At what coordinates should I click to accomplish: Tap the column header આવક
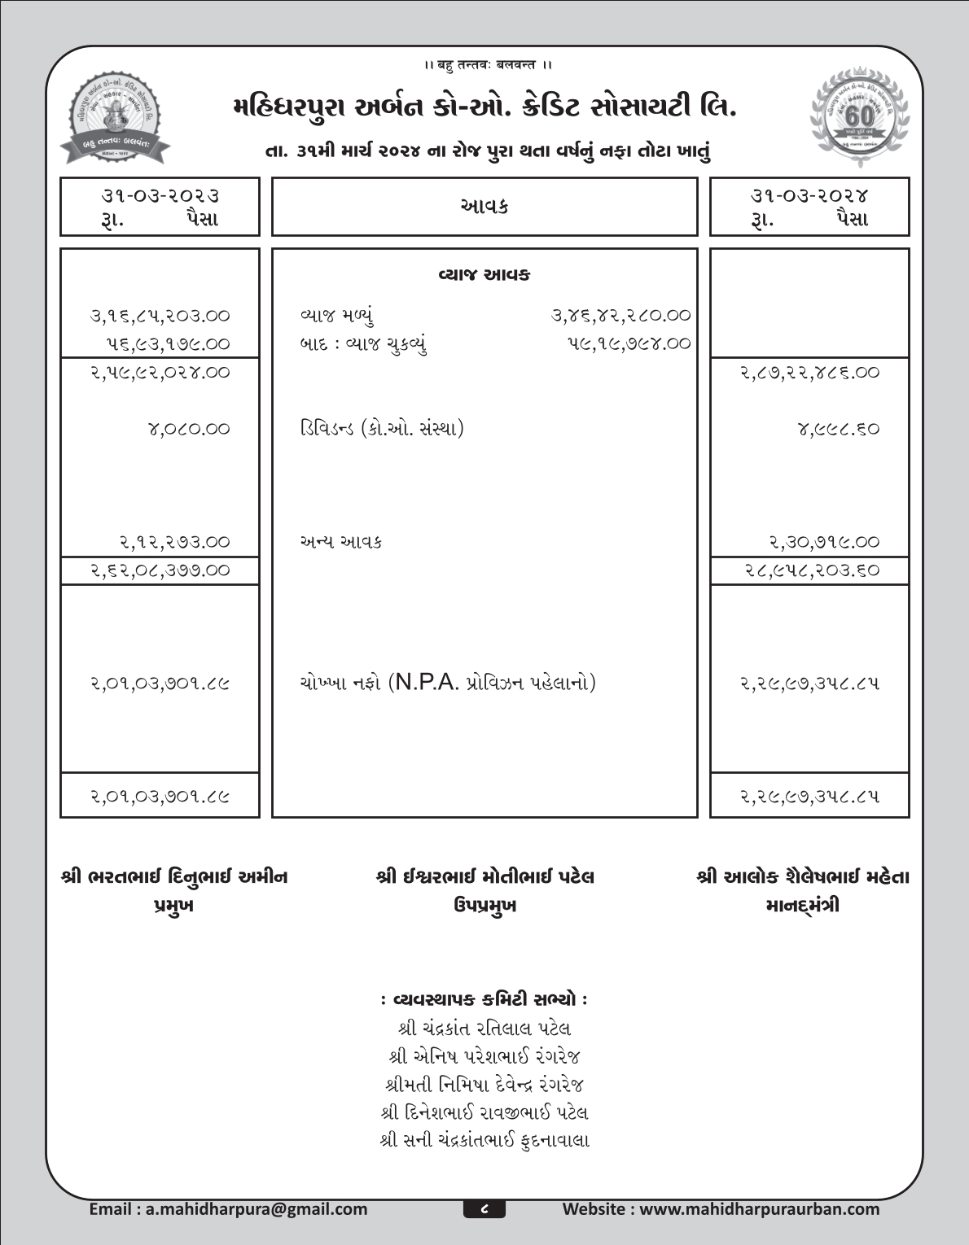pos(484,207)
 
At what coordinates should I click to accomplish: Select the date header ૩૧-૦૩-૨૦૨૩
pos(160,195)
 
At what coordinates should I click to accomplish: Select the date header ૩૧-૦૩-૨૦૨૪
pos(809,195)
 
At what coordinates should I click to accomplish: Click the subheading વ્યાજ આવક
pos(484,275)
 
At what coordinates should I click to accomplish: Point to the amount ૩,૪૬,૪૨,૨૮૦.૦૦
pos(621,315)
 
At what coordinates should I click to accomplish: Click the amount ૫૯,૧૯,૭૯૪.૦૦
pos(629,343)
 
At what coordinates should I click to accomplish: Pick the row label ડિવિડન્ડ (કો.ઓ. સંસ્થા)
pos(381,428)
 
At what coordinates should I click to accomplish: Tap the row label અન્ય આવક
pos(340,542)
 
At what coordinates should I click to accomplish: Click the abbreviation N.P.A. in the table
pos(426,682)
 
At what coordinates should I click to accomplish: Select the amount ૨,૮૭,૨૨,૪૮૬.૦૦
pos(809,373)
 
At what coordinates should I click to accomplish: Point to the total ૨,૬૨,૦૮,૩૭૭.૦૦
pos(160,570)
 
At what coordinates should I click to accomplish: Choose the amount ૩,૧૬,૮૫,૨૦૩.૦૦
pos(160,315)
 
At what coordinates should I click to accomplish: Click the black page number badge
pos(484,1209)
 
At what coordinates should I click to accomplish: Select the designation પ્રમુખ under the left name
pos(173,906)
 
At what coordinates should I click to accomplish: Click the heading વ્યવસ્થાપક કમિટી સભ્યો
pos(484,998)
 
